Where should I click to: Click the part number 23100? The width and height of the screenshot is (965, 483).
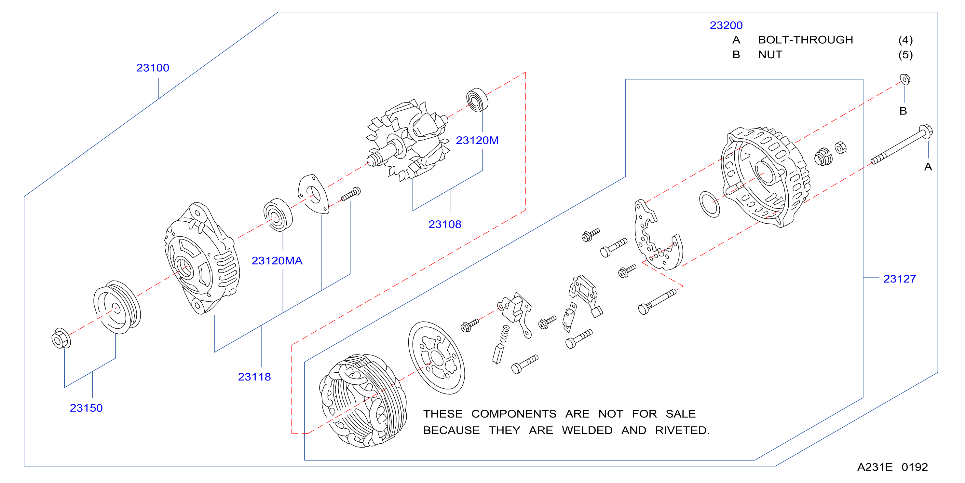153,68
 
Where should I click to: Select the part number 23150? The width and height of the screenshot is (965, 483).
86,408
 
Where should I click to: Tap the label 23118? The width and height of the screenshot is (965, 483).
254,377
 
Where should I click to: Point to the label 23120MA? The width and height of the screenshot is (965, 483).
277,261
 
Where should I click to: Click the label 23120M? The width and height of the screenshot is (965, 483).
477,141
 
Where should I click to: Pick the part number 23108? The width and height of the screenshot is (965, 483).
445,225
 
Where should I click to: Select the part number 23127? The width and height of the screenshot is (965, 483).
900,279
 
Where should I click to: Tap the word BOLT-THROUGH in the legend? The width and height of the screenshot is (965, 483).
806,40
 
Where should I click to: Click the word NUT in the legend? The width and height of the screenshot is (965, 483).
770,55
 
